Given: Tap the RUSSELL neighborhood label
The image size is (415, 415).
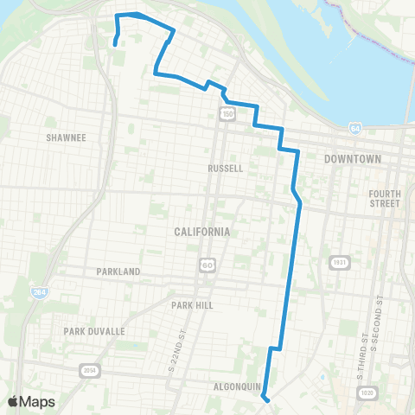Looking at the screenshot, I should (226, 168).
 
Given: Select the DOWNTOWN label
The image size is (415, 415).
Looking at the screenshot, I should (352, 160).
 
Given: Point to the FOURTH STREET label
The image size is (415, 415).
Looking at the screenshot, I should (384, 199).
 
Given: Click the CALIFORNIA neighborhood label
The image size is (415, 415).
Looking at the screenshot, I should (201, 232).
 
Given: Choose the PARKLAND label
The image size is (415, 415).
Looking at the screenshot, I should (118, 271).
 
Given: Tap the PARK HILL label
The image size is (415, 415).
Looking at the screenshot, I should (192, 305).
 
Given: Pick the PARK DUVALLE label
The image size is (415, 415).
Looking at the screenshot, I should (94, 331).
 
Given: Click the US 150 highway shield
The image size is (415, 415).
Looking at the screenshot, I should (227, 113).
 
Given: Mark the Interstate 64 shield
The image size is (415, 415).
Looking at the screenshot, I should (355, 128).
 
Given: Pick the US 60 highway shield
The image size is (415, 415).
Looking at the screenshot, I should (207, 263).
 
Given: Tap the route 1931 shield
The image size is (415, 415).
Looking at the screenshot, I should (337, 262).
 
